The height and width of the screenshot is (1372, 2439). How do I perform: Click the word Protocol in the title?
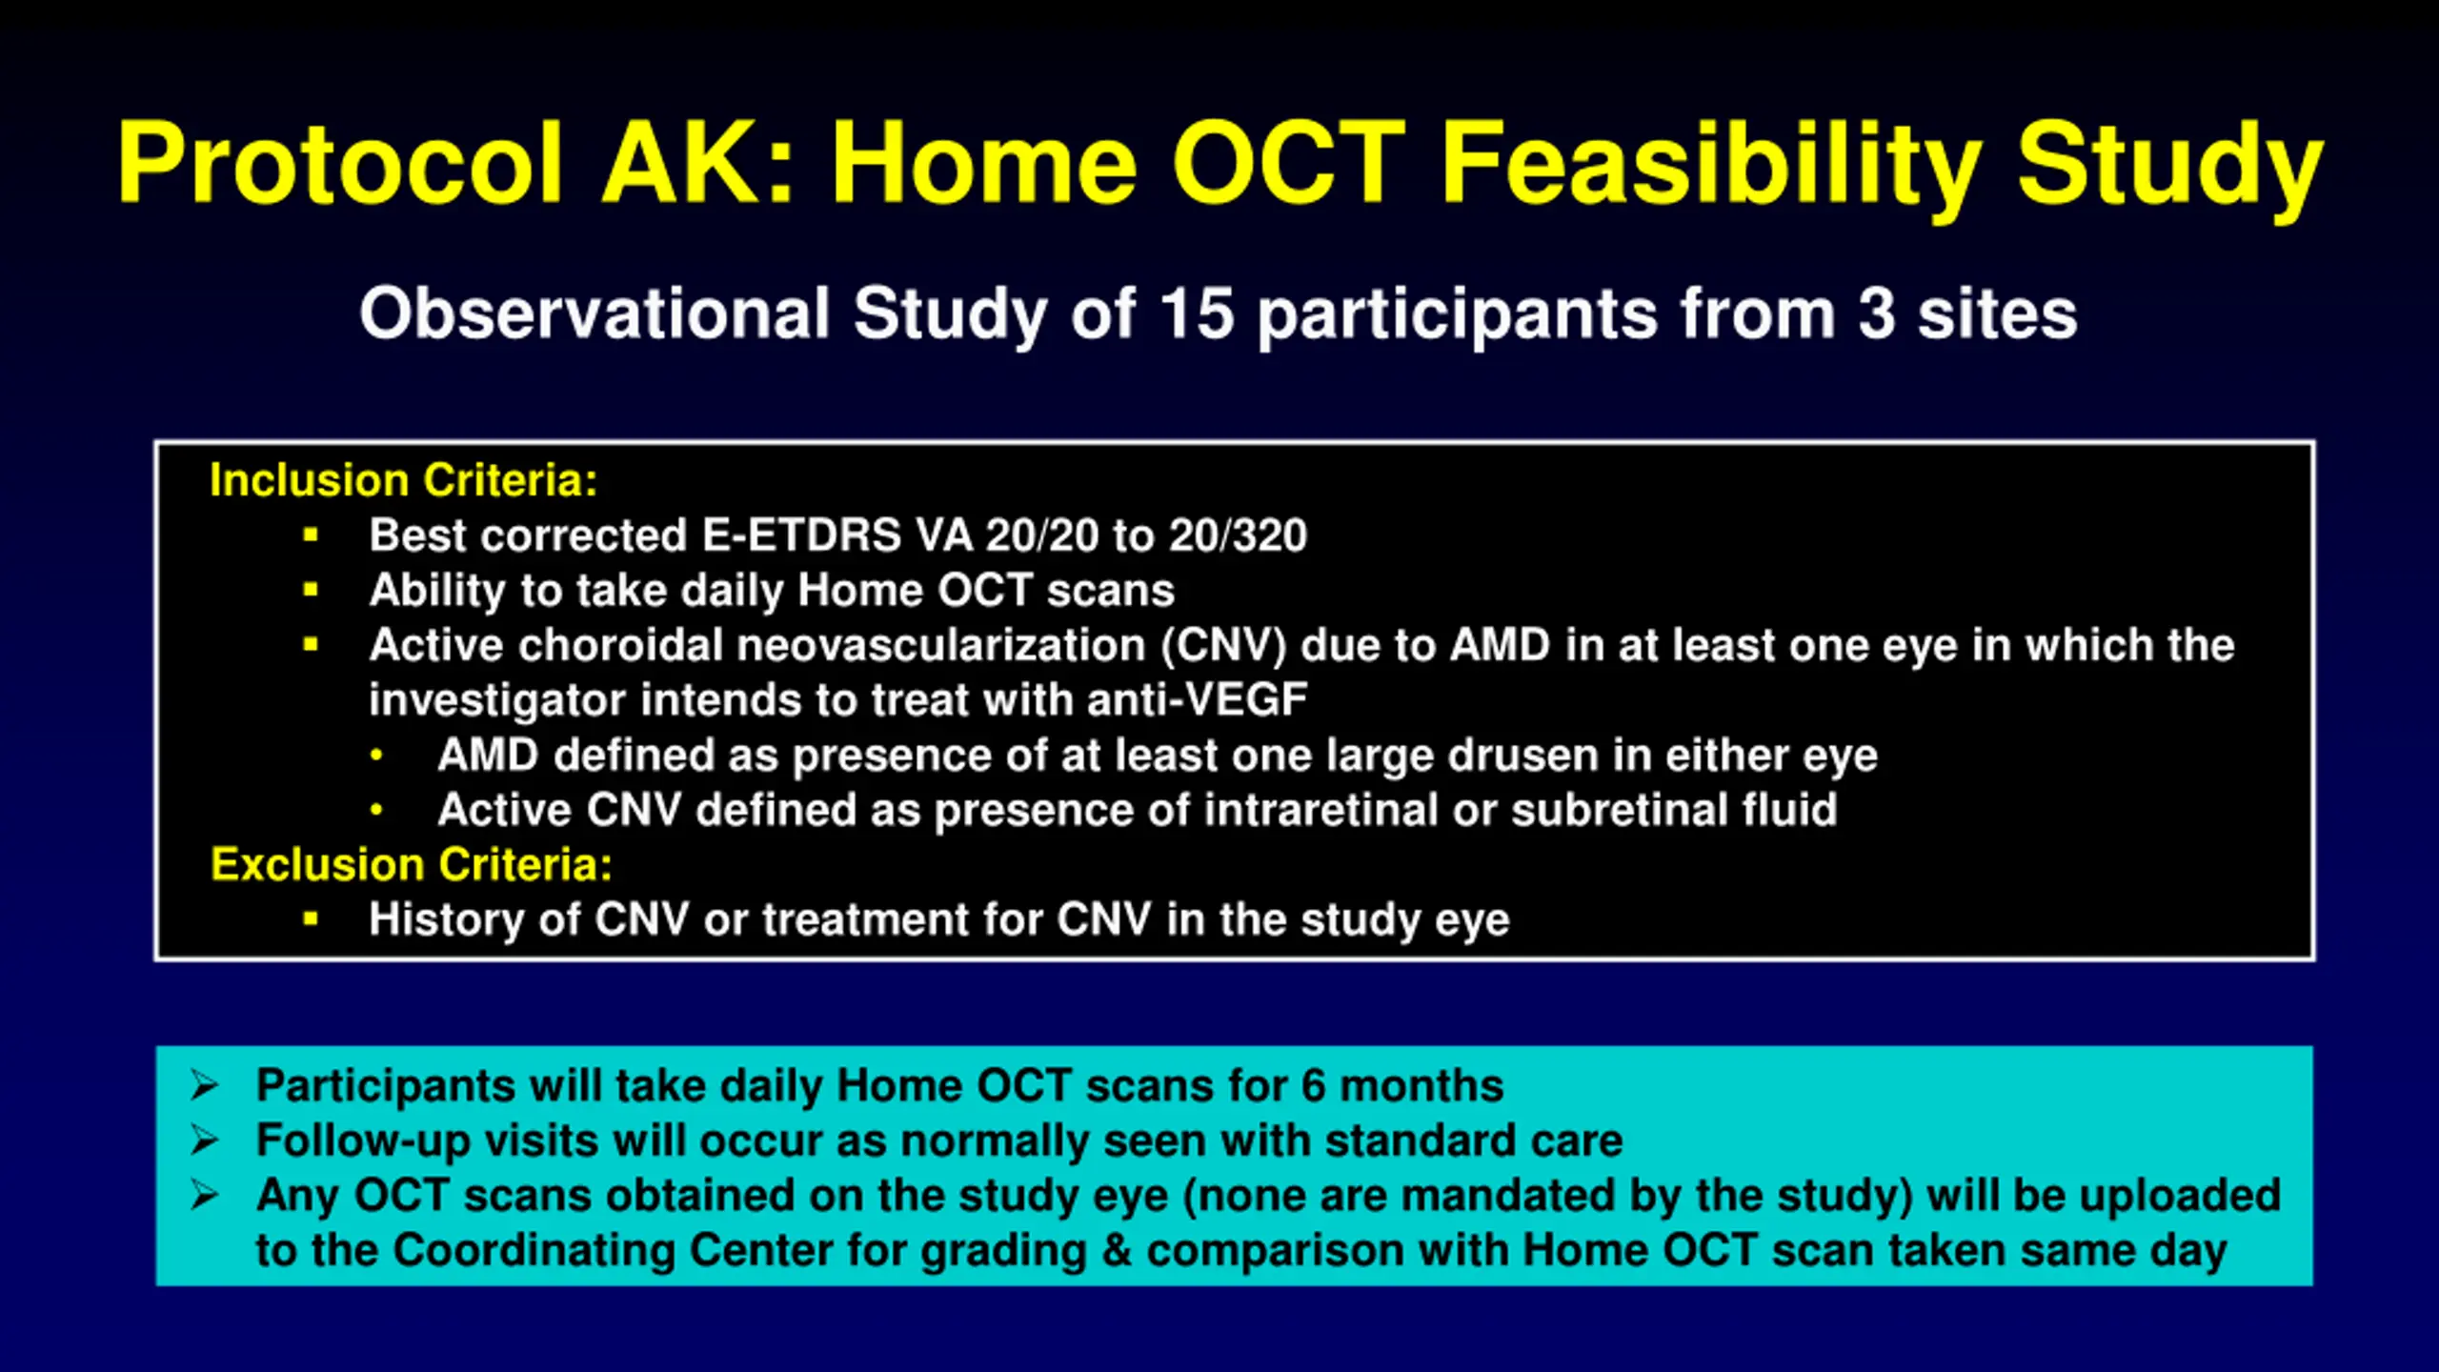point(340,163)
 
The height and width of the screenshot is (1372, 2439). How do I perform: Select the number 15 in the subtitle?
point(1197,313)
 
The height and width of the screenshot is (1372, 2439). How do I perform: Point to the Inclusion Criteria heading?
point(404,479)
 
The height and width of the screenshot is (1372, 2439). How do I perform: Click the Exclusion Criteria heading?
point(412,864)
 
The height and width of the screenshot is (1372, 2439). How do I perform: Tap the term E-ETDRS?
point(801,535)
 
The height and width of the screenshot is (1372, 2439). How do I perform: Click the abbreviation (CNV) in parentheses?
point(1223,646)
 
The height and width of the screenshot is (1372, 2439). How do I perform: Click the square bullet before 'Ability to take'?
point(311,591)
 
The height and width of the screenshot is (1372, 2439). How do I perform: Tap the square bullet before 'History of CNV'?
point(311,919)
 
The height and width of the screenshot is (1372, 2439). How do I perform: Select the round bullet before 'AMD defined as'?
point(376,756)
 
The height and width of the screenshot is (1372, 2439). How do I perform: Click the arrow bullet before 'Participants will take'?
point(204,1085)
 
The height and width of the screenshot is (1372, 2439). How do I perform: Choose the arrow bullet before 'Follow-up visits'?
point(204,1140)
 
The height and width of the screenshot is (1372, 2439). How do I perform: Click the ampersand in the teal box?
point(1117,1250)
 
